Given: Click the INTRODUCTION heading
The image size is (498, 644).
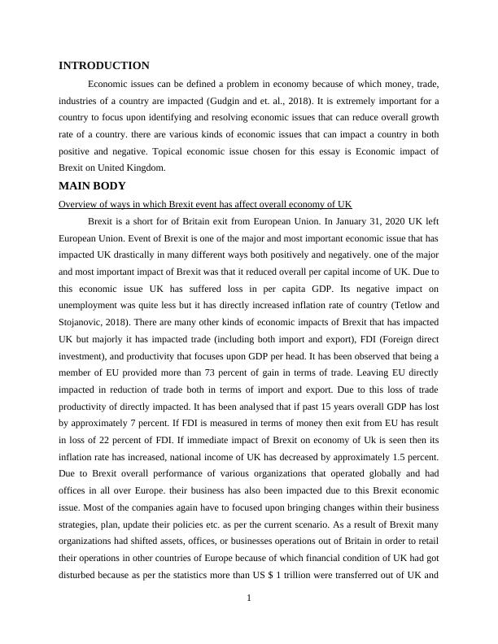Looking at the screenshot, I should click(104, 66).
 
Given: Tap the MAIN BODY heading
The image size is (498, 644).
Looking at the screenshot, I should click(92, 186).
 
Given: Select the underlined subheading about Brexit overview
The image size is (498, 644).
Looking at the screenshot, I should click(205, 203).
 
